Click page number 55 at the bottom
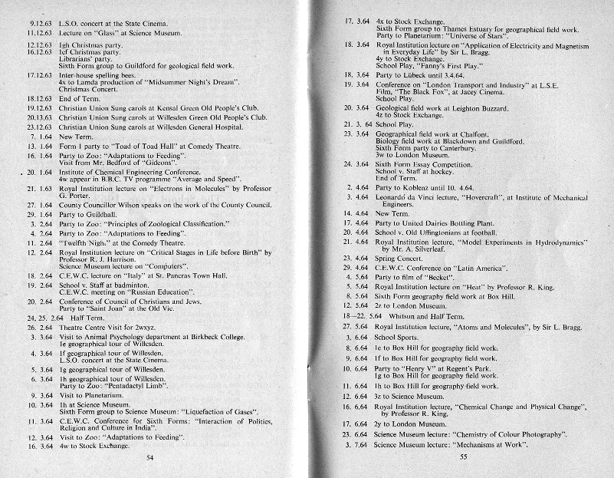pos(464,457)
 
